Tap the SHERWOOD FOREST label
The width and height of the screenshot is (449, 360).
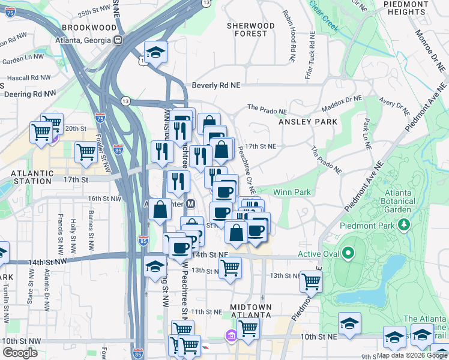251,29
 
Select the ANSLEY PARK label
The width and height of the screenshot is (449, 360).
308,122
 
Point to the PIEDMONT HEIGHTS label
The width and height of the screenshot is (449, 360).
408,8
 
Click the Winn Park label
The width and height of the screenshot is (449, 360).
292,192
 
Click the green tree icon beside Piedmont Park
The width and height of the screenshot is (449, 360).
405,225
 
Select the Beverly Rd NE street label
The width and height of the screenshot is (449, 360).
215,86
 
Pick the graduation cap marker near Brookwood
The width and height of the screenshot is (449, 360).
155,52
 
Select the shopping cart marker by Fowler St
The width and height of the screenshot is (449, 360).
86,152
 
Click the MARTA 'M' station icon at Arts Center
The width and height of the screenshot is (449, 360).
191,203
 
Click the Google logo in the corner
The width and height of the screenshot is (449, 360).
20,353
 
